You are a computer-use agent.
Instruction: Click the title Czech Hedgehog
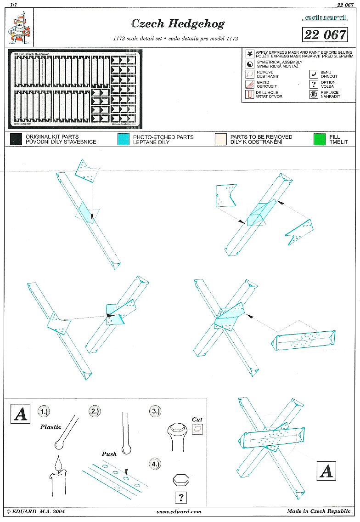coord(177,23)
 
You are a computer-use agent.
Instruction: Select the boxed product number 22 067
coord(325,34)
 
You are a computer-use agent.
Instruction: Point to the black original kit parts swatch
coord(16,139)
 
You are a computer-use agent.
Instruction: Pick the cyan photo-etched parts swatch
coord(124,139)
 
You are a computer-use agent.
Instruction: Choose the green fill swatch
coord(319,139)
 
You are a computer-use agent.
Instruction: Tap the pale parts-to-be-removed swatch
coord(220,139)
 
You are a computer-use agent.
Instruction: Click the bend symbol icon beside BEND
coord(314,74)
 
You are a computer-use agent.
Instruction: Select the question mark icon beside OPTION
coord(314,84)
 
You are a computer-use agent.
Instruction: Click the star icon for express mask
coord(249,54)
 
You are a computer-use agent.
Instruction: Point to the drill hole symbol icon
coord(249,94)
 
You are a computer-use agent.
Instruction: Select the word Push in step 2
coord(109,454)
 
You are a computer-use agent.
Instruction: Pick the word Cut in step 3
coord(197,419)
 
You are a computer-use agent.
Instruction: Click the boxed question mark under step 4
coord(181,497)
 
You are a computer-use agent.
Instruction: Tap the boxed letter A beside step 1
coord(20,414)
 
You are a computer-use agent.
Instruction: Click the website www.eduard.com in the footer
coord(179,511)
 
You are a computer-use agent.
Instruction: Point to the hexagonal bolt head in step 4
coord(181,479)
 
